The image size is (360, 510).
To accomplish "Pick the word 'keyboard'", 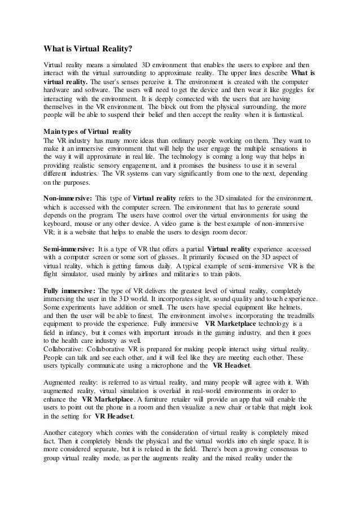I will click(x=58, y=224).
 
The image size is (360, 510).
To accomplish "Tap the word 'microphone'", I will click(x=171, y=366).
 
